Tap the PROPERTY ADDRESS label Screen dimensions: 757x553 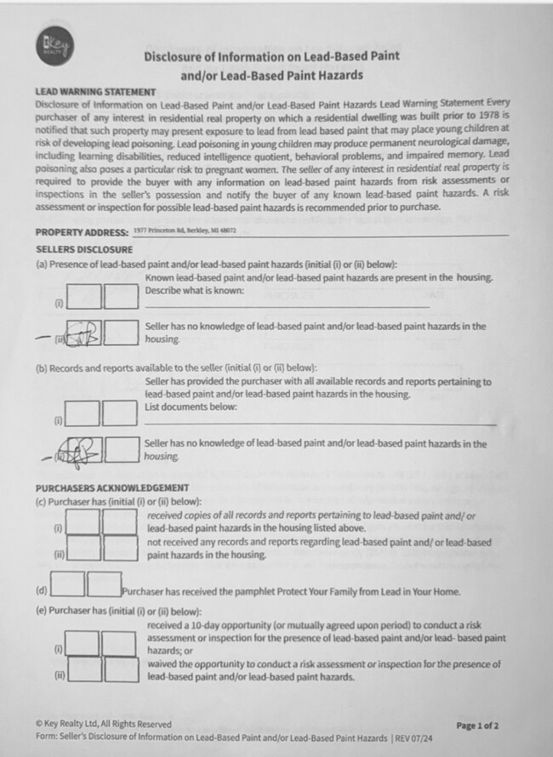(82, 232)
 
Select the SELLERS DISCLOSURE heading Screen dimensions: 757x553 (84, 249)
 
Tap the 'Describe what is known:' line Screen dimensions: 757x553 (194, 291)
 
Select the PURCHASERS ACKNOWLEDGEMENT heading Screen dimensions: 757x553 (111, 488)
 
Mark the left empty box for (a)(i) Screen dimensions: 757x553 (84, 297)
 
